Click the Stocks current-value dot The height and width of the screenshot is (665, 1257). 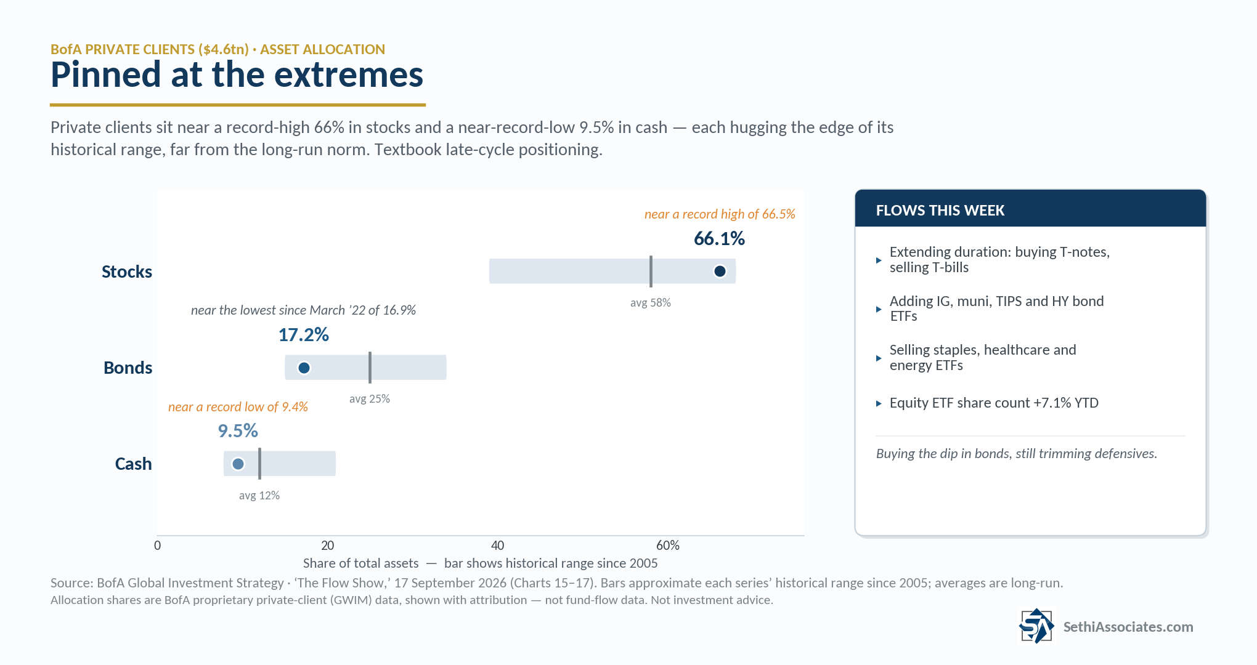click(720, 271)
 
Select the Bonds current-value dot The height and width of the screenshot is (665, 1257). click(304, 368)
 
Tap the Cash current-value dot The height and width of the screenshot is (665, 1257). click(238, 464)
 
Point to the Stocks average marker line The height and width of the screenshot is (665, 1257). click(651, 272)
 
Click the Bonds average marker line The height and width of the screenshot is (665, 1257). click(370, 368)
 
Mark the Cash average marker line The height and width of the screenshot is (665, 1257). click(259, 464)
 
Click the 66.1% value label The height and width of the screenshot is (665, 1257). click(719, 238)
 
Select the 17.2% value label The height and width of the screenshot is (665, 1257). click(303, 334)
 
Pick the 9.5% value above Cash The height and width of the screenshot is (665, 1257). click(238, 430)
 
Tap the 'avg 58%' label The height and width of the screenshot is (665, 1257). click(650, 303)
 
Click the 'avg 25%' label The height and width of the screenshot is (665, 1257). click(370, 399)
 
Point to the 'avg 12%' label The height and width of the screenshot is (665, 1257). click(259, 496)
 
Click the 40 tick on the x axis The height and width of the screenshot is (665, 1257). click(497, 546)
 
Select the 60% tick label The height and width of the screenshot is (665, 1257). click(668, 546)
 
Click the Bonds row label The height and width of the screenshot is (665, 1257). click(128, 368)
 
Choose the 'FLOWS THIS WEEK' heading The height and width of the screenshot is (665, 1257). click(940, 211)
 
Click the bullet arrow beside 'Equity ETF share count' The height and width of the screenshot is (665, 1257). click(879, 404)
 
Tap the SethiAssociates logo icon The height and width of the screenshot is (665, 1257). click(1036, 626)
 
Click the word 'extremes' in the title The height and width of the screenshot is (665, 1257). click(348, 75)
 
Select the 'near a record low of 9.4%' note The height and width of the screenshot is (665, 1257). click(238, 407)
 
